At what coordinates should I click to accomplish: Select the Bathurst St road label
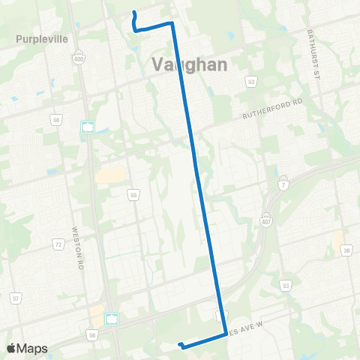tap(313, 55)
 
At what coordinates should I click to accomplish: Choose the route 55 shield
tap(133, 195)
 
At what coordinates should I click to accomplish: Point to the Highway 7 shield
tap(283, 184)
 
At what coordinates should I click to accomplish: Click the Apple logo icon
tap(12, 348)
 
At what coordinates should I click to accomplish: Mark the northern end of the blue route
tap(133, 13)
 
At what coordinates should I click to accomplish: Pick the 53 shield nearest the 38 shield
tap(285, 285)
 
